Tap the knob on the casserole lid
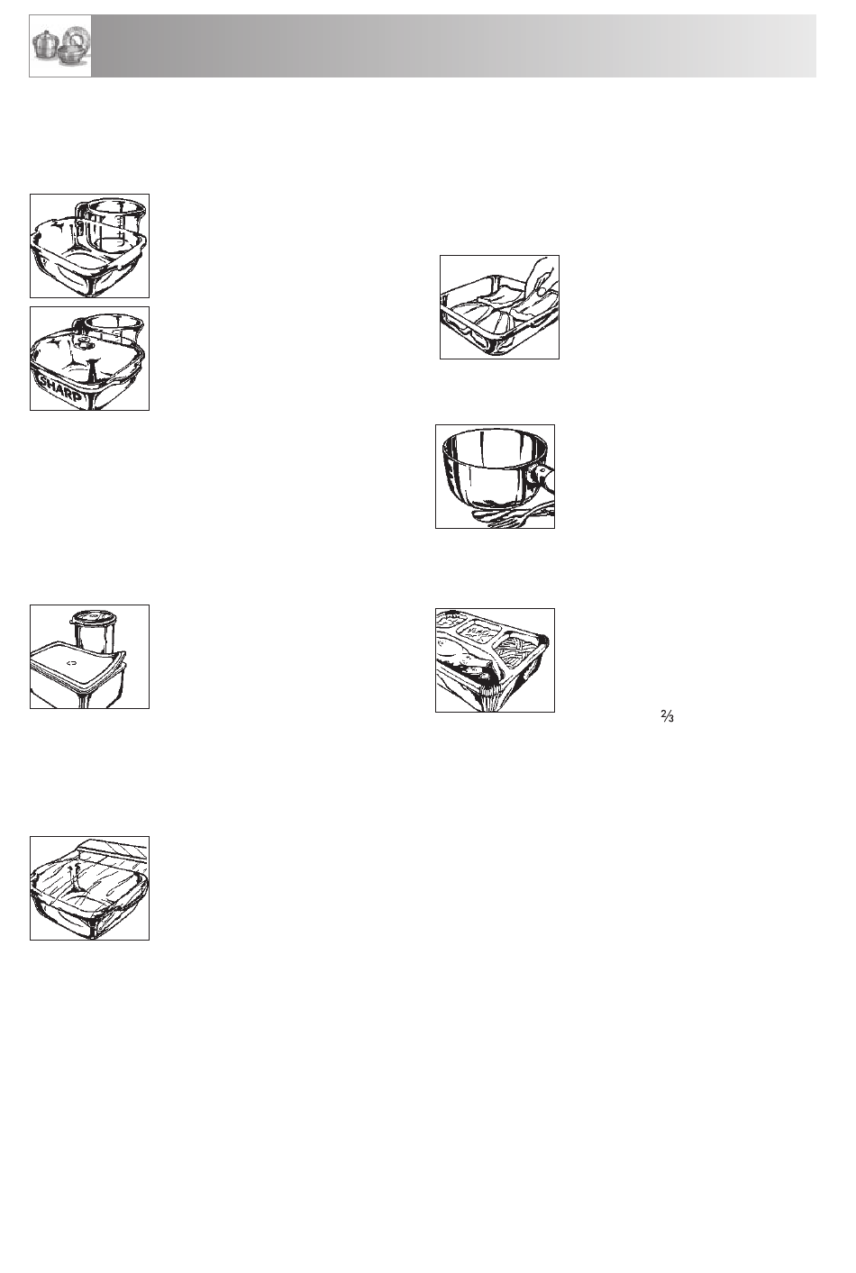tap(84, 343)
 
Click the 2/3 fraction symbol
tap(668, 716)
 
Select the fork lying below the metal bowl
tap(515, 516)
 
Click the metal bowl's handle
tap(542, 477)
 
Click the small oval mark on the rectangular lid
tap(71, 663)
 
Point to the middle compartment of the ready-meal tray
tap(481, 631)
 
